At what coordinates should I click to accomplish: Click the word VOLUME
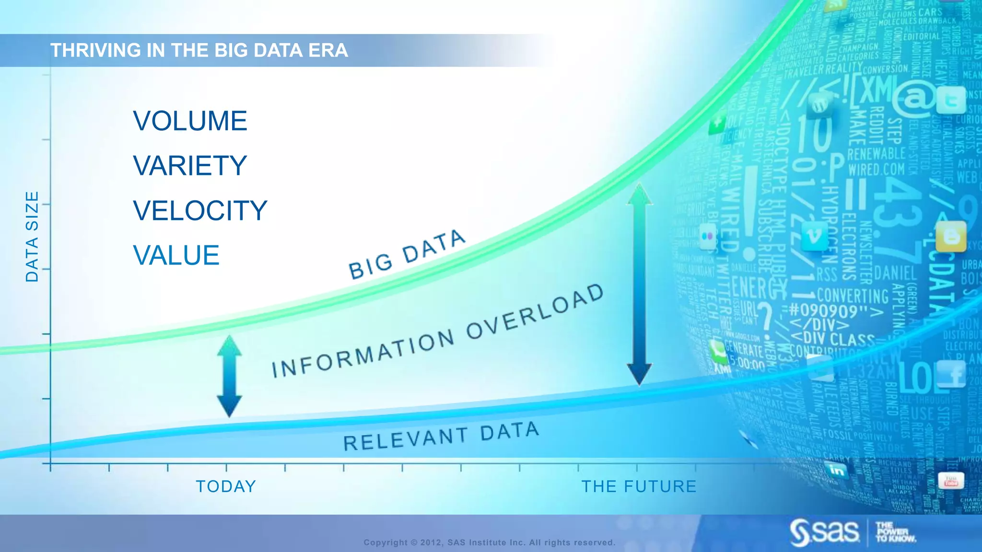coord(190,121)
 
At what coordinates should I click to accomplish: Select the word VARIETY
coord(190,166)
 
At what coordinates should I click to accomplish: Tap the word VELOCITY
coord(200,211)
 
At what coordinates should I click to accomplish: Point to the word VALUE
coord(176,255)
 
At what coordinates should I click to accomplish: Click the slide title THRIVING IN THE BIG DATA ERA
coord(199,50)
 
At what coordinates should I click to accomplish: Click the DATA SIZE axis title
coord(32,237)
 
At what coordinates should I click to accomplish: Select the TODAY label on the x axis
coord(226,486)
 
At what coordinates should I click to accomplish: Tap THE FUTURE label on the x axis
coord(639,486)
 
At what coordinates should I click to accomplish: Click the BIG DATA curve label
coord(407,254)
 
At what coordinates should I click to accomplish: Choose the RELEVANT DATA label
coord(441,436)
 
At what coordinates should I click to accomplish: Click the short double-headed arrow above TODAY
coord(229,376)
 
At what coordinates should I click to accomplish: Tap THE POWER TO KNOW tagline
coord(895,532)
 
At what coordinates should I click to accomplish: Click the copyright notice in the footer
coord(489,542)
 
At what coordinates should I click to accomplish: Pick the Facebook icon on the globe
coord(951,374)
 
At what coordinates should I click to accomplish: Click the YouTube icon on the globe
coord(950,481)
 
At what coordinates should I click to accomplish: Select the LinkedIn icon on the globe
coord(837,470)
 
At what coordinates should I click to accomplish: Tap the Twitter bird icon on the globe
coord(951,100)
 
